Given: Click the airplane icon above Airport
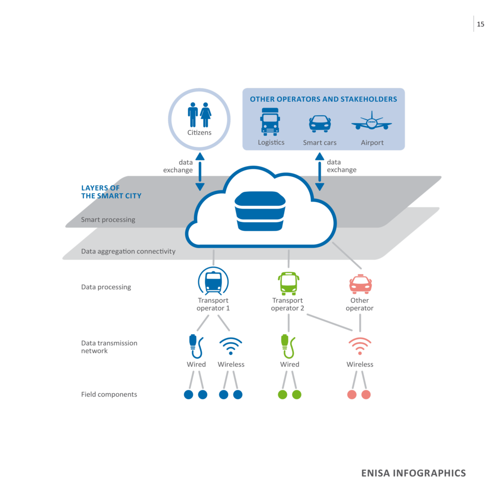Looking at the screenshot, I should click(372, 121).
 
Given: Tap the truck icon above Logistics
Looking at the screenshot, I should click(270, 121).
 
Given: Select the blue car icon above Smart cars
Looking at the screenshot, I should click(320, 124).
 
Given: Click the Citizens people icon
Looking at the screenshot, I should click(199, 114).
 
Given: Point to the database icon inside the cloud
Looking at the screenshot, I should click(260, 212).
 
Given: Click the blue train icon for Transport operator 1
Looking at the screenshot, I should click(213, 281).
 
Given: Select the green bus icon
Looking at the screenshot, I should click(288, 283).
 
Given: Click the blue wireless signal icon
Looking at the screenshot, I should click(231, 346).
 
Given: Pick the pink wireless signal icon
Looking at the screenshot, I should click(360, 346).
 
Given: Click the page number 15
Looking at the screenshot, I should click(480, 24).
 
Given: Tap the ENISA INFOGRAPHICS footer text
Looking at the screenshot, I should click(413, 473).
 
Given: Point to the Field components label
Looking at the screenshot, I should click(109, 394).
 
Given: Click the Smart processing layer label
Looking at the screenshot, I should click(108, 219).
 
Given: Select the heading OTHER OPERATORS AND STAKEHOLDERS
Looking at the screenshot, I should click(323, 99).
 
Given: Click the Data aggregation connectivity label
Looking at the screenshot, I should click(128, 251).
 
